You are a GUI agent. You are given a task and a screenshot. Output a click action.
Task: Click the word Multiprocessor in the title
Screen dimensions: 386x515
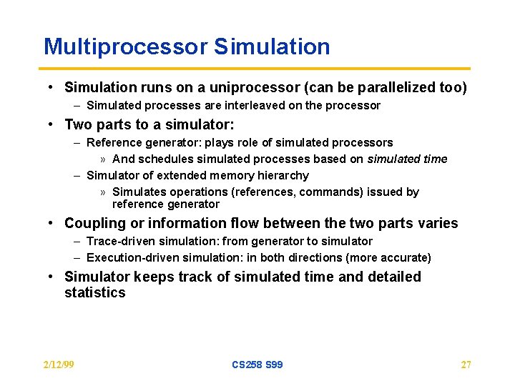125,47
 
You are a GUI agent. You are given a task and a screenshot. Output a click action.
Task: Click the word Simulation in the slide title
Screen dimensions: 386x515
272,47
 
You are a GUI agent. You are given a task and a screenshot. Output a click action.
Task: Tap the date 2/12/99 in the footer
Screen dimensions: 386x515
59,365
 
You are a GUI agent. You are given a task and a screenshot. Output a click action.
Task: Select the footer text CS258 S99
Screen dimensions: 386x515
257,365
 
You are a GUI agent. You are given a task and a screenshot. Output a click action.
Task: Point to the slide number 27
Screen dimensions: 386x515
466,365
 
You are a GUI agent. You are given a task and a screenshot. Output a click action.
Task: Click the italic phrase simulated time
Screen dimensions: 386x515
407,159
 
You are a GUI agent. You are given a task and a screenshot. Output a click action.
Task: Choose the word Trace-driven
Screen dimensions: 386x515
119,242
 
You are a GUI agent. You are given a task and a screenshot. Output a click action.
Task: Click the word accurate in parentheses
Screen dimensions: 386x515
405,257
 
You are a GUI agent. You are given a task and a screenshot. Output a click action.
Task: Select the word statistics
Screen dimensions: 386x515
94,293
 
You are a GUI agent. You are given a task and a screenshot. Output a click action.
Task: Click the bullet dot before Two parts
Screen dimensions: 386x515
52,125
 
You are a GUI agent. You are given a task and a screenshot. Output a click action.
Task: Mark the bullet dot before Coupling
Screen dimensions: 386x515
52,224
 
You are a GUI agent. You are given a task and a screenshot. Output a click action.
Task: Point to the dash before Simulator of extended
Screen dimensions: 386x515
77,175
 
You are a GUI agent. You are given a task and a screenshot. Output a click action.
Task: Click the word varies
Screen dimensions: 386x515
438,224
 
